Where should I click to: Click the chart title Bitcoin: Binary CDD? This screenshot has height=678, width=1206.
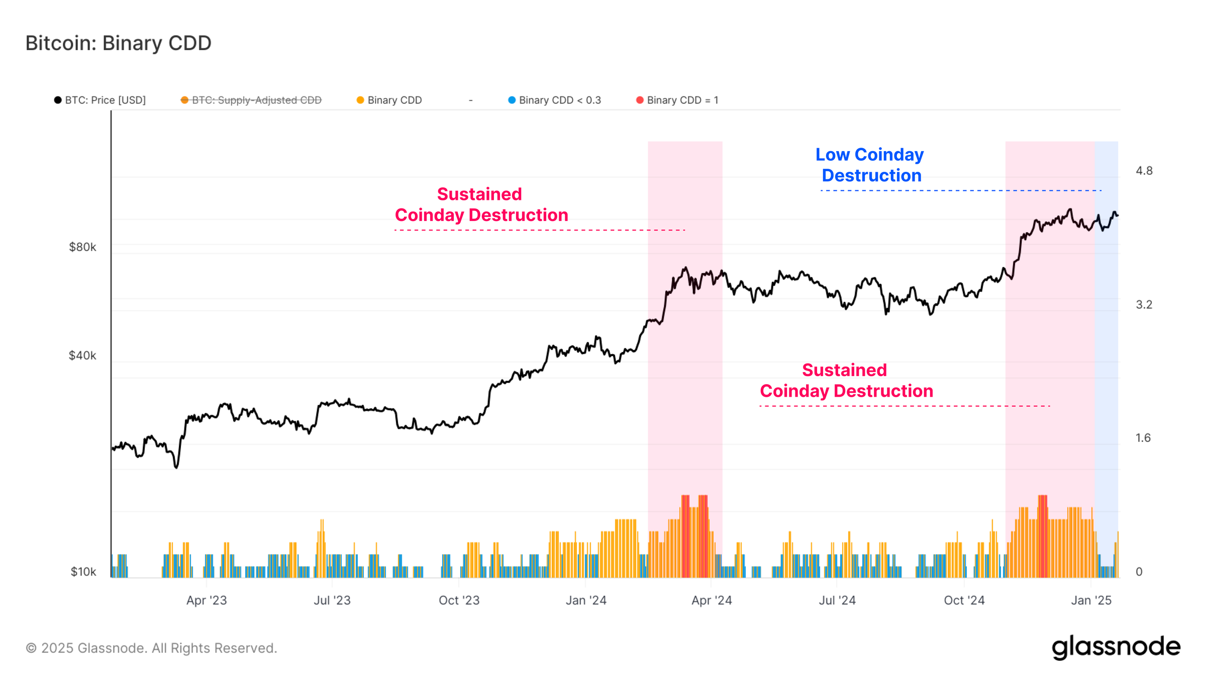[118, 43]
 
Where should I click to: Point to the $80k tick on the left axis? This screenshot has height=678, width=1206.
[82, 247]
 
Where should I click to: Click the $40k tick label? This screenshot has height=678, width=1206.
[82, 356]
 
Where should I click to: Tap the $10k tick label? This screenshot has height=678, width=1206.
[83, 572]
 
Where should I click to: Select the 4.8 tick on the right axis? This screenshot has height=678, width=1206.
[1144, 171]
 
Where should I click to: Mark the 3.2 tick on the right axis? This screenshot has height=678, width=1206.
[1144, 304]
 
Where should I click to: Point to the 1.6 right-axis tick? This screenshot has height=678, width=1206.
[1143, 438]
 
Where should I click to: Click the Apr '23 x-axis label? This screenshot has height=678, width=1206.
[207, 600]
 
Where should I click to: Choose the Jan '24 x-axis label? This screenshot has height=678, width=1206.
[586, 600]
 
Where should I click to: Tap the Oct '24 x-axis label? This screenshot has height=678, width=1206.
[964, 600]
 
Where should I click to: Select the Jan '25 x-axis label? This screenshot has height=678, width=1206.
[1091, 600]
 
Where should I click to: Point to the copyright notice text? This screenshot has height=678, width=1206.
[151, 648]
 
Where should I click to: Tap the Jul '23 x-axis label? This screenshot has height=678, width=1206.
[332, 600]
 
